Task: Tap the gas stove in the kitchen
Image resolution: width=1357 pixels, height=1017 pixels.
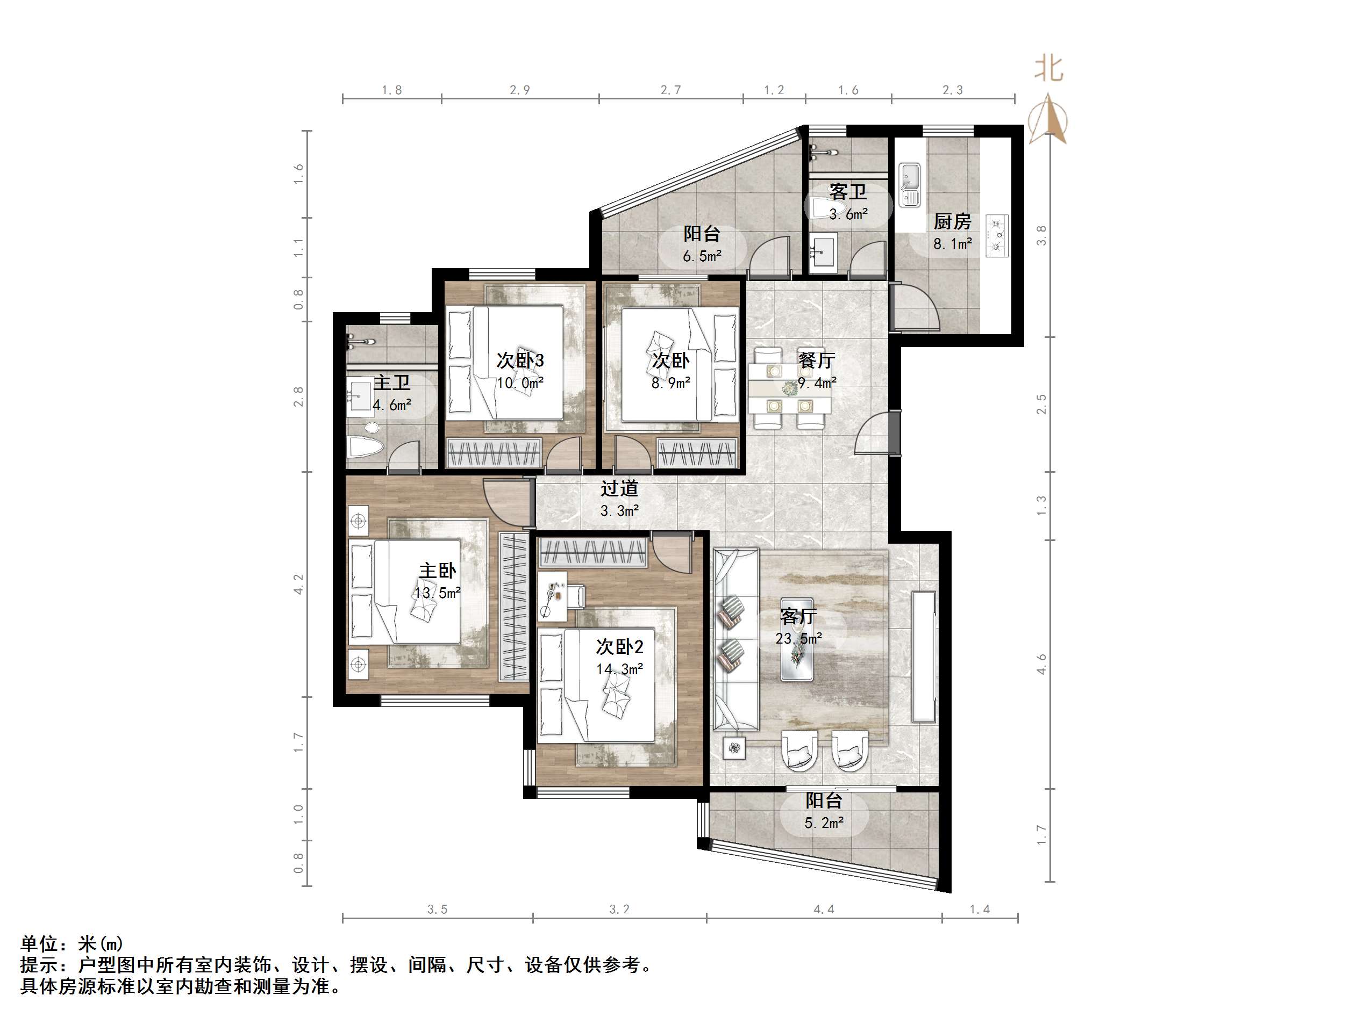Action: click(997, 235)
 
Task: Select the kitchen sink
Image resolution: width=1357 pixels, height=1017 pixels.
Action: click(909, 184)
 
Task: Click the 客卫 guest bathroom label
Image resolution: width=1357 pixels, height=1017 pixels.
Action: click(848, 192)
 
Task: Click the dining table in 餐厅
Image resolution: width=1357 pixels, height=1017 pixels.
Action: click(790, 387)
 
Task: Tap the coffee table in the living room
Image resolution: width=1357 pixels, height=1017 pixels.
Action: click(797, 639)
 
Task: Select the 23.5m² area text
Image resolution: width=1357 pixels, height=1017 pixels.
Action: click(798, 639)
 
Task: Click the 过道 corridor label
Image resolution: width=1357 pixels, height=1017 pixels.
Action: click(619, 488)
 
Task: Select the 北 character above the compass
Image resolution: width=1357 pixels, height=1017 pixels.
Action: click(1048, 68)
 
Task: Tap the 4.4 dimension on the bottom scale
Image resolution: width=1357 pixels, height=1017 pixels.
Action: click(823, 909)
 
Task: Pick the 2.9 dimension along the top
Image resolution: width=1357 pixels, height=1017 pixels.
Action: click(519, 90)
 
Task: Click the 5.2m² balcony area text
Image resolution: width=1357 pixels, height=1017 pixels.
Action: click(823, 823)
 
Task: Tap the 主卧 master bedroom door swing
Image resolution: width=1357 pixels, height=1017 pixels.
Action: click(504, 501)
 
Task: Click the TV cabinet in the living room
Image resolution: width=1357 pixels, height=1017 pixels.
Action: click(924, 656)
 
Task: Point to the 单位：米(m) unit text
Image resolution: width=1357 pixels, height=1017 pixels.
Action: click(73, 943)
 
